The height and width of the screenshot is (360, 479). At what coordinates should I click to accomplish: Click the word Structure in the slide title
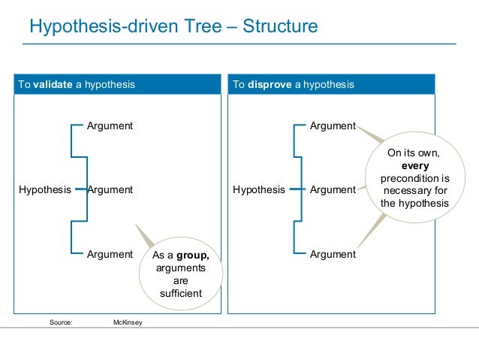tap(278, 27)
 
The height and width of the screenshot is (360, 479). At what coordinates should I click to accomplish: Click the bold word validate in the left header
tap(52, 84)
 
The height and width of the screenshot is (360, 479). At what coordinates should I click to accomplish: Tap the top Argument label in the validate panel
tap(110, 126)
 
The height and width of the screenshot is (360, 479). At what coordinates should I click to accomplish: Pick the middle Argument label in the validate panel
tap(110, 189)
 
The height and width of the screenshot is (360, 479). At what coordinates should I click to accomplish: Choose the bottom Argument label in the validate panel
tap(110, 254)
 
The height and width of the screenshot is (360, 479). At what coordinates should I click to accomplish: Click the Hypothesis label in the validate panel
tap(44, 189)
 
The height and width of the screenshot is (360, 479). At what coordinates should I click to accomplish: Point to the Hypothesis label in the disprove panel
tap(259, 189)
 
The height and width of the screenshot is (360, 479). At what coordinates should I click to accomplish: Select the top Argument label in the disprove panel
tap(333, 126)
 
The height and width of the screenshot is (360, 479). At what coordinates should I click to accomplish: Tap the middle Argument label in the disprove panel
tap(333, 189)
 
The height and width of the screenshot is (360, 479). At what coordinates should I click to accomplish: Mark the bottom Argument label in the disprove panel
tap(333, 254)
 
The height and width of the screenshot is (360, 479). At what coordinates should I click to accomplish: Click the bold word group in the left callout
tap(192, 255)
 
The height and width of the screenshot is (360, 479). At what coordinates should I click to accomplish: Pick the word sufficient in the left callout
tap(180, 293)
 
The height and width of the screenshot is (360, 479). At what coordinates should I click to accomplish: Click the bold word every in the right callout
tap(414, 165)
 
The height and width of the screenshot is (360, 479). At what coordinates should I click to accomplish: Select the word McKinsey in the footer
tap(127, 322)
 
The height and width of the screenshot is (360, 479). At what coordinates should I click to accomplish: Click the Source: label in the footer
tap(61, 322)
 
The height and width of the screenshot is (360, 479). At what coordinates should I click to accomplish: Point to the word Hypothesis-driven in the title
tap(94, 27)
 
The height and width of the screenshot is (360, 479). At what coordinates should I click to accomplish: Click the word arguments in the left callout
tap(180, 268)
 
